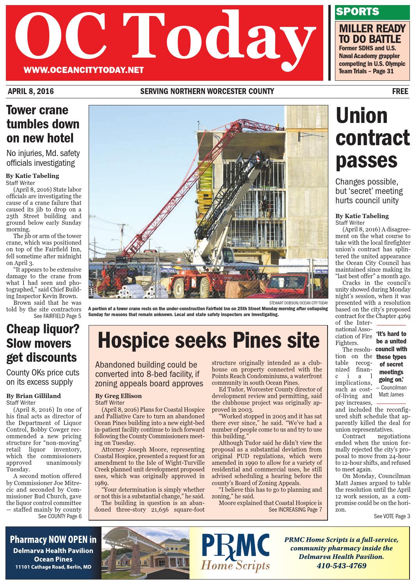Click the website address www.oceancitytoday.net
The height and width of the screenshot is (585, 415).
point(84,71)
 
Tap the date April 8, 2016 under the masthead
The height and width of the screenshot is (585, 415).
point(31,92)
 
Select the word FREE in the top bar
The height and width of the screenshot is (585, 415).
point(400,92)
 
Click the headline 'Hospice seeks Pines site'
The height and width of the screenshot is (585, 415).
point(209,340)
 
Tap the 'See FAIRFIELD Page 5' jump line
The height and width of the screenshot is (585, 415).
point(57,316)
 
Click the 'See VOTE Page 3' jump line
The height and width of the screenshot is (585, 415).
point(392,516)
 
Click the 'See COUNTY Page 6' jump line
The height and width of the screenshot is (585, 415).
point(60,516)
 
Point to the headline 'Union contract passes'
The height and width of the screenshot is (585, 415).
point(373,138)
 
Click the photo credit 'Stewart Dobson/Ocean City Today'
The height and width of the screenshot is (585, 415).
point(298,303)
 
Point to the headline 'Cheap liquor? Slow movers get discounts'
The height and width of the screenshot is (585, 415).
point(42,343)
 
